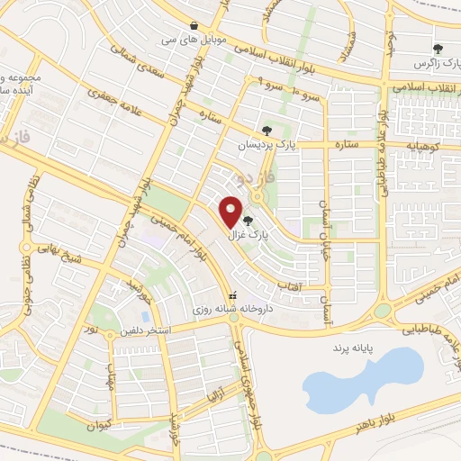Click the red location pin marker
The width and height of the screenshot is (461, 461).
[x=232, y=212]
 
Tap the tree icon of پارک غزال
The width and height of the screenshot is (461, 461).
[x=248, y=219]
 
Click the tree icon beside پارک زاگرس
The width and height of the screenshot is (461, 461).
[x=438, y=49]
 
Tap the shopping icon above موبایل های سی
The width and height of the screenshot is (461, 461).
[x=194, y=24]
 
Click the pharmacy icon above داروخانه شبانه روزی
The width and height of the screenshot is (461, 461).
[x=233, y=294]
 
